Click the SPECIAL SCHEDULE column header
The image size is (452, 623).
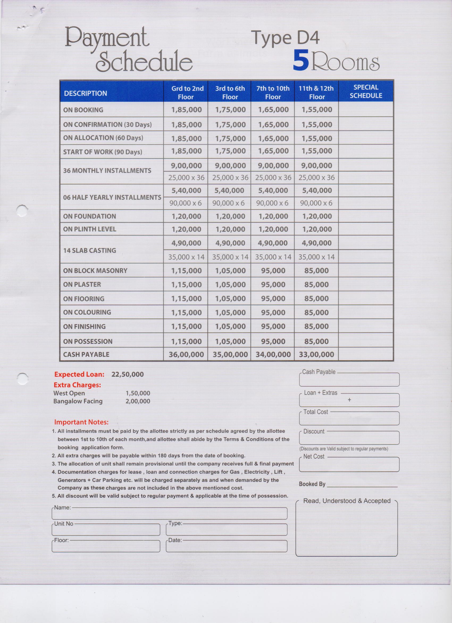coord(366,92)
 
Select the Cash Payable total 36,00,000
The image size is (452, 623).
coord(186,355)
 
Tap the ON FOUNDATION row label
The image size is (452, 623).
coord(89,216)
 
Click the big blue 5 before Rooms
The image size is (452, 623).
coord(301,61)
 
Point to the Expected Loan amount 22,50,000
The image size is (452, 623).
coord(128,374)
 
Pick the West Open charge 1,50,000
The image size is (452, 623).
coord(138,393)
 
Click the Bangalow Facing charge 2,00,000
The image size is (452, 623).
coord(138,401)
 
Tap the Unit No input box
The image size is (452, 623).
coord(106,530)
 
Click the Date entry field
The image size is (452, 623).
coord(226,546)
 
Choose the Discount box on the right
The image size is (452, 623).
coord(349,438)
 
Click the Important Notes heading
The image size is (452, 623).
coord(81,422)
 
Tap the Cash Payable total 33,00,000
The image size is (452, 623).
coord(316,355)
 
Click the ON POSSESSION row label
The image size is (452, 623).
coord(88,341)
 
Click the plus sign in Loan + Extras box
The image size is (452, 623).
coord(349,400)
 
